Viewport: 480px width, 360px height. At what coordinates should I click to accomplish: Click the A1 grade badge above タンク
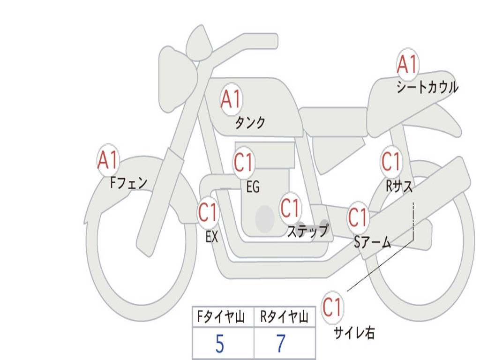[x=231, y=99]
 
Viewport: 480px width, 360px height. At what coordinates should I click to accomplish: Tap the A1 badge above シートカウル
[x=407, y=65]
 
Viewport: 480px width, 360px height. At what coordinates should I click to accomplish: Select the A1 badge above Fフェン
[x=108, y=160]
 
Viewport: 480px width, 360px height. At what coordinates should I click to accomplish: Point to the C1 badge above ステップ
[x=290, y=208]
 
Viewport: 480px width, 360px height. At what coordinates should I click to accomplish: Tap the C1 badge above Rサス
[x=391, y=162]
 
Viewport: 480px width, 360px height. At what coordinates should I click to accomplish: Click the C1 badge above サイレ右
[x=332, y=308]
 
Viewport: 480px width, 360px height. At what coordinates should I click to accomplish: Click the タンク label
[x=250, y=123]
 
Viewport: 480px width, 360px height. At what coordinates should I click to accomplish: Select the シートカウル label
[x=427, y=88]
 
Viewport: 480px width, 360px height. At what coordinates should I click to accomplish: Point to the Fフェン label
[x=129, y=182]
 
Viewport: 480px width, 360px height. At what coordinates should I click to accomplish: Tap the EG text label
[x=253, y=187]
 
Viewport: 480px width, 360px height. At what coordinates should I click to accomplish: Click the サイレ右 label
[x=354, y=333]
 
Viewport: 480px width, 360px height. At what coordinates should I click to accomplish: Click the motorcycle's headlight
[x=176, y=79]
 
